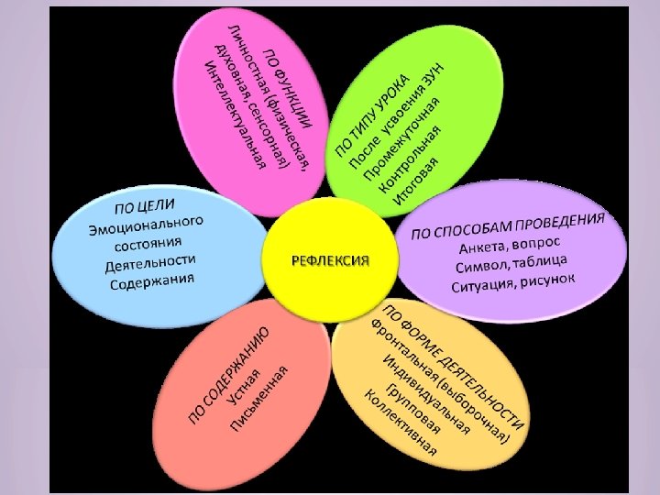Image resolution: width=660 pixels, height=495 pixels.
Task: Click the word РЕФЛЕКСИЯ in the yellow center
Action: click(x=330, y=260)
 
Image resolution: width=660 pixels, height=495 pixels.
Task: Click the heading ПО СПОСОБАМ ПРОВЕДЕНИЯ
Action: click(x=508, y=225)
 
